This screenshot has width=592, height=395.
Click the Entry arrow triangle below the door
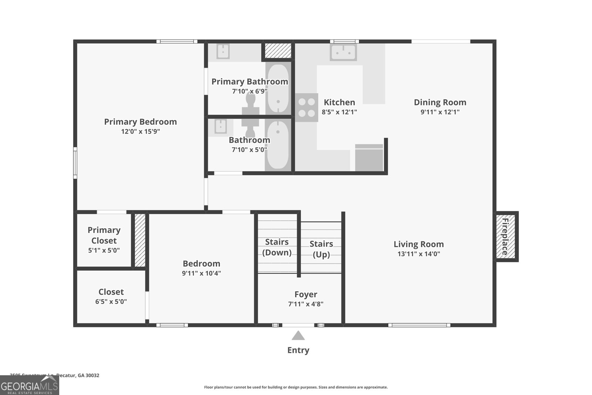tap(298, 335)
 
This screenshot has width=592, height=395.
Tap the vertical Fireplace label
tap(505, 237)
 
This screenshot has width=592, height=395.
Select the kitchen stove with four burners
tap(307, 107)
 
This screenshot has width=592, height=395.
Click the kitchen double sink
tap(343, 52)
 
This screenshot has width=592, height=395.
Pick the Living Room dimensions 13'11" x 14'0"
tap(418, 254)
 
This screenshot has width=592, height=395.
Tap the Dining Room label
tap(440, 102)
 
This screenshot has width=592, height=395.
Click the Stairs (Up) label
tap(321, 249)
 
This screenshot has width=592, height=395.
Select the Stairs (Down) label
tap(277, 247)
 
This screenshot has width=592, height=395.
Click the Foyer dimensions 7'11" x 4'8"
tap(306, 304)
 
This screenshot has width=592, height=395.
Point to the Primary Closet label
tap(104, 235)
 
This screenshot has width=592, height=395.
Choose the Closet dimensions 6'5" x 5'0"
tap(111, 302)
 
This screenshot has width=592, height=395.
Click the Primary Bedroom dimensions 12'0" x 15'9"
tap(140, 131)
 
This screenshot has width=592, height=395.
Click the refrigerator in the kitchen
tap(369, 158)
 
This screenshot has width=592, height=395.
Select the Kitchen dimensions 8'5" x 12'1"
tap(339, 112)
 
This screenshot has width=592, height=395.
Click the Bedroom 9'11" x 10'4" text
tap(201, 274)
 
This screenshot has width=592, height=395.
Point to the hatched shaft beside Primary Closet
tap(140, 240)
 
